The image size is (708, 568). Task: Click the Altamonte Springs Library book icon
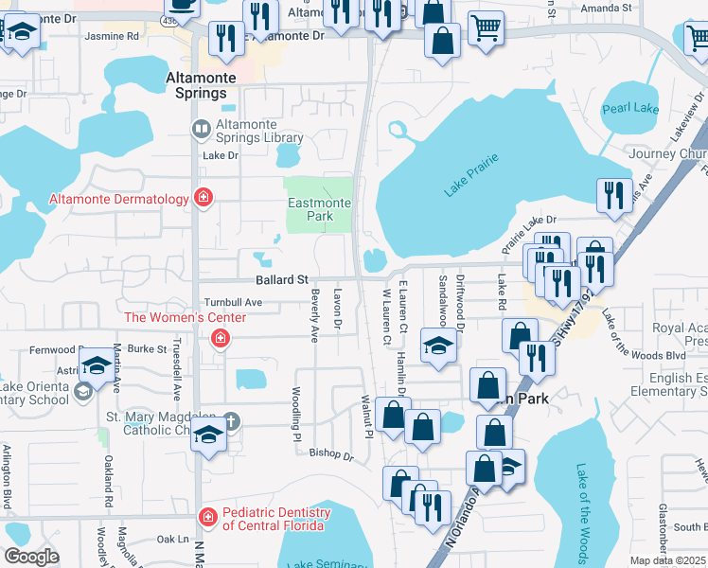pyautogui.click(x=201, y=129)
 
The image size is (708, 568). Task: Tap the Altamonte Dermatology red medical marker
pyautogui.click(x=203, y=198)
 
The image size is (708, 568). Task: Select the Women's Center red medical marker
pyautogui.click(x=220, y=338)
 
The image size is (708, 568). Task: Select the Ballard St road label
pyautogui.click(x=282, y=280)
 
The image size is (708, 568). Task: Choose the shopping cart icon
pyautogui.click(x=486, y=29)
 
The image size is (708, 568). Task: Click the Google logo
pyautogui.click(x=31, y=557)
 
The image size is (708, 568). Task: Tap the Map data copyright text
pyautogui.click(x=666, y=560)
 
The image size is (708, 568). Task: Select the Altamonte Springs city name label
pyautogui.click(x=196, y=86)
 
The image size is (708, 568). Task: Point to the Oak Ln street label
pyautogui.click(x=173, y=539)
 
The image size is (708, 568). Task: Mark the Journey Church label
pyautogui.click(x=668, y=154)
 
